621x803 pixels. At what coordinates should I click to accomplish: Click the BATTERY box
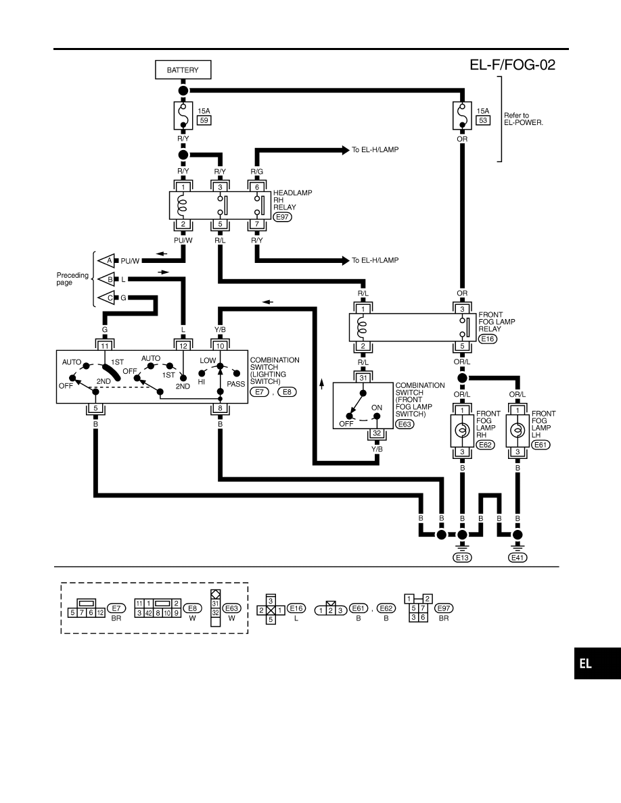click(x=183, y=70)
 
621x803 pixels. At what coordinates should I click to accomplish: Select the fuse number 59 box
click(x=204, y=120)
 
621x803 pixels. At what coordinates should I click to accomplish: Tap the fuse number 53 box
click(x=483, y=120)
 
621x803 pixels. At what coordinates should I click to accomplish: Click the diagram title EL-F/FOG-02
click(x=512, y=64)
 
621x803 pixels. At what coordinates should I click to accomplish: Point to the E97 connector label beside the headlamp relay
click(x=282, y=216)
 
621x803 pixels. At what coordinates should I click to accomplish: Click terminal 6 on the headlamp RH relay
click(x=257, y=187)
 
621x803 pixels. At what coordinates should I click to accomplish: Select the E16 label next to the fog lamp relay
click(x=488, y=339)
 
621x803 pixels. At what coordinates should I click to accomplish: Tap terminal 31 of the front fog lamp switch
click(x=363, y=378)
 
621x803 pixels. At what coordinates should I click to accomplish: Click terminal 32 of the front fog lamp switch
click(x=377, y=433)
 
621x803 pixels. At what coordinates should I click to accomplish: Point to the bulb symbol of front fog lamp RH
click(x=462, y=430)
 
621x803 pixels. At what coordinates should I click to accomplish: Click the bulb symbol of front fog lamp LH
click(x=517, y=430)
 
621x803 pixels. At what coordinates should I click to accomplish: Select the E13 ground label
click(x=462, y=558)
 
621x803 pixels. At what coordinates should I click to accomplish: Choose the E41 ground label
click(x=517, y=558)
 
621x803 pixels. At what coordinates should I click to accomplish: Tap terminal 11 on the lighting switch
click(x=105, y=345)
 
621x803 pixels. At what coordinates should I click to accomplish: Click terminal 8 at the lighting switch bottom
click(x=221, y=408)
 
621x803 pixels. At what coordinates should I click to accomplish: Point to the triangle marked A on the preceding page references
click(x=107, y=261)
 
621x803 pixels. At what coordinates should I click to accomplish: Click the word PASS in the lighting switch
click(x=235, y=384)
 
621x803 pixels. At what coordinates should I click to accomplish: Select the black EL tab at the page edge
click(x=597, y=664)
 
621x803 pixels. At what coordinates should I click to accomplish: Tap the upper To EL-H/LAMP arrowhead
click(x=346, y=150)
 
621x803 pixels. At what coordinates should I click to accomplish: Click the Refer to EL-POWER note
click(x=523, y=119)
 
